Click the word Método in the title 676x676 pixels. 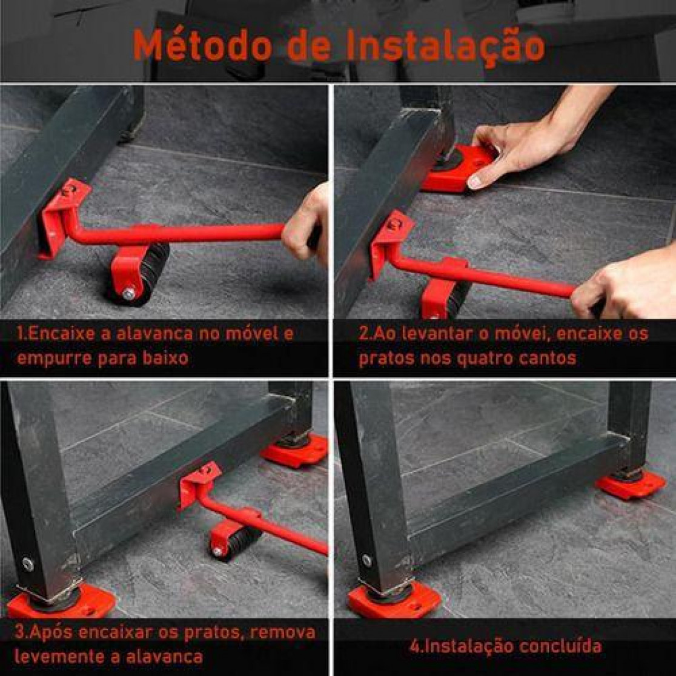[204, 45]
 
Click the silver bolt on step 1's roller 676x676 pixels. [129, 294]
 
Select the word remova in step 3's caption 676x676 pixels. [283, 632]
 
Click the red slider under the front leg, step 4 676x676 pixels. [394, 599]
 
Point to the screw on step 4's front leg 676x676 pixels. [367, 560]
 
